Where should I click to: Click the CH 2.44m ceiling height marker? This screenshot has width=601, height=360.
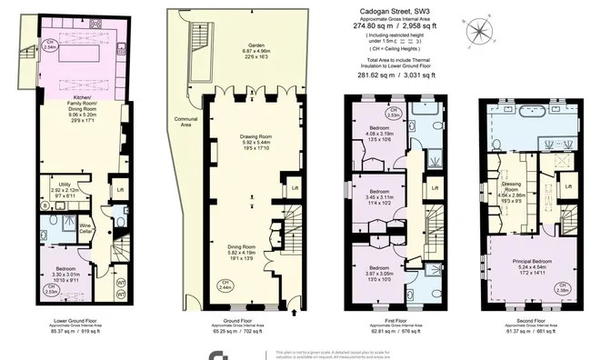click(x=223, y=286)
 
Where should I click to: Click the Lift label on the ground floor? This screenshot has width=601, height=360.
click(x=294, y=188)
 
